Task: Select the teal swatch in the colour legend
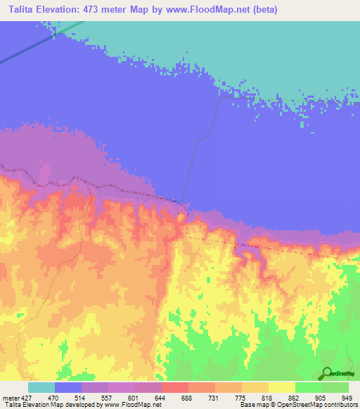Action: (41, 387)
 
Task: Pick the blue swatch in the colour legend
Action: (68, 387)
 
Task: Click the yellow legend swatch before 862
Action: (282, 387)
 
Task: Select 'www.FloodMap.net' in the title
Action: (211, 10)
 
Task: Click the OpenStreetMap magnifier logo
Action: (326, 374)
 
